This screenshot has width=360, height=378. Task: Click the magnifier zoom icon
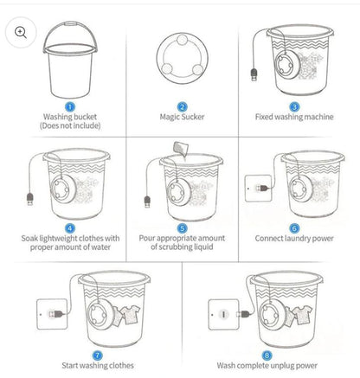pos(21,32)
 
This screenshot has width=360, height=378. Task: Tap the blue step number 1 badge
pos(70,107)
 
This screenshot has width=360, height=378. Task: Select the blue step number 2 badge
pos(182,107)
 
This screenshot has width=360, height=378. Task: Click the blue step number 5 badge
pos(182,228)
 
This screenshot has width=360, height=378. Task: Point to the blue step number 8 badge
pos(267,356)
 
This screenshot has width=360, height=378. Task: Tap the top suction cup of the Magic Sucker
pos(182,40)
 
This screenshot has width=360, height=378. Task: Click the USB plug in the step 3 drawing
pos(254,74)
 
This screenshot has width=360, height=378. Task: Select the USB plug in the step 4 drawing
pos(30,199)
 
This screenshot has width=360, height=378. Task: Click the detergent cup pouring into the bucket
pos(181,149)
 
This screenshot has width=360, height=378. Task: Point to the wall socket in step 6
pos(258,188)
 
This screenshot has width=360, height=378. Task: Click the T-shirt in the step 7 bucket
pos(130,315)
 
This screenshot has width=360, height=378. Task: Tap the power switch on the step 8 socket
pos(223,314)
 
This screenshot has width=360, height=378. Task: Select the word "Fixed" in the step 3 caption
pos(264,117)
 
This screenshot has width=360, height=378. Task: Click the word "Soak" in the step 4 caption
pos(29,239)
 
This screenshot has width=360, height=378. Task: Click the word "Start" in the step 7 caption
pos(70,365)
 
